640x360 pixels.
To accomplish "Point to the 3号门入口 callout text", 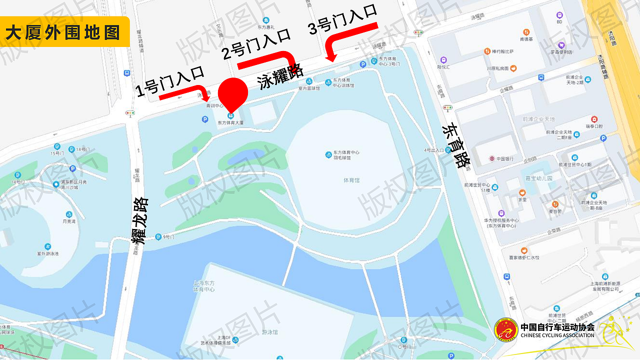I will click(x=342, y=20).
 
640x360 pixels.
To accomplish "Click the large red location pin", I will click(x=233, y=92).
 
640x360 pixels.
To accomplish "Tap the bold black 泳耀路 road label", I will click(x=280, y=75).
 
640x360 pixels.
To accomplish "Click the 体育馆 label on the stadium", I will click(x=351, y=180).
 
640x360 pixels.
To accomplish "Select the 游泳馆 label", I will click(x=270, y=332).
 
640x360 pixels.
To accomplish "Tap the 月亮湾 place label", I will click(x=68, y=221).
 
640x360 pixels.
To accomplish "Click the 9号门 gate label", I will click(x=168, y=237).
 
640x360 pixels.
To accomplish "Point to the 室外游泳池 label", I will click(x=47, y=253).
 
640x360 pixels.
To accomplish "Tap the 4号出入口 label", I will click(x=434, y=150).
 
